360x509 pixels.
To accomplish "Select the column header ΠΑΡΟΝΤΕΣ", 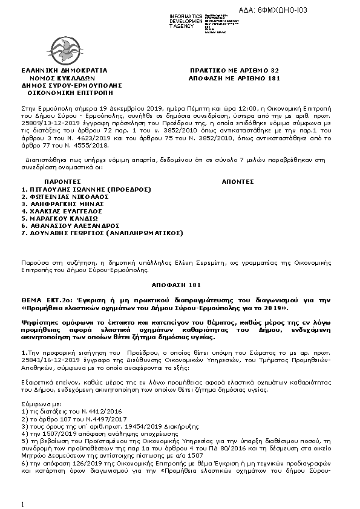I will (x=62, y=181).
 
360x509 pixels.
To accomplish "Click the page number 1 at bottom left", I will (x=22, y=504).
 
